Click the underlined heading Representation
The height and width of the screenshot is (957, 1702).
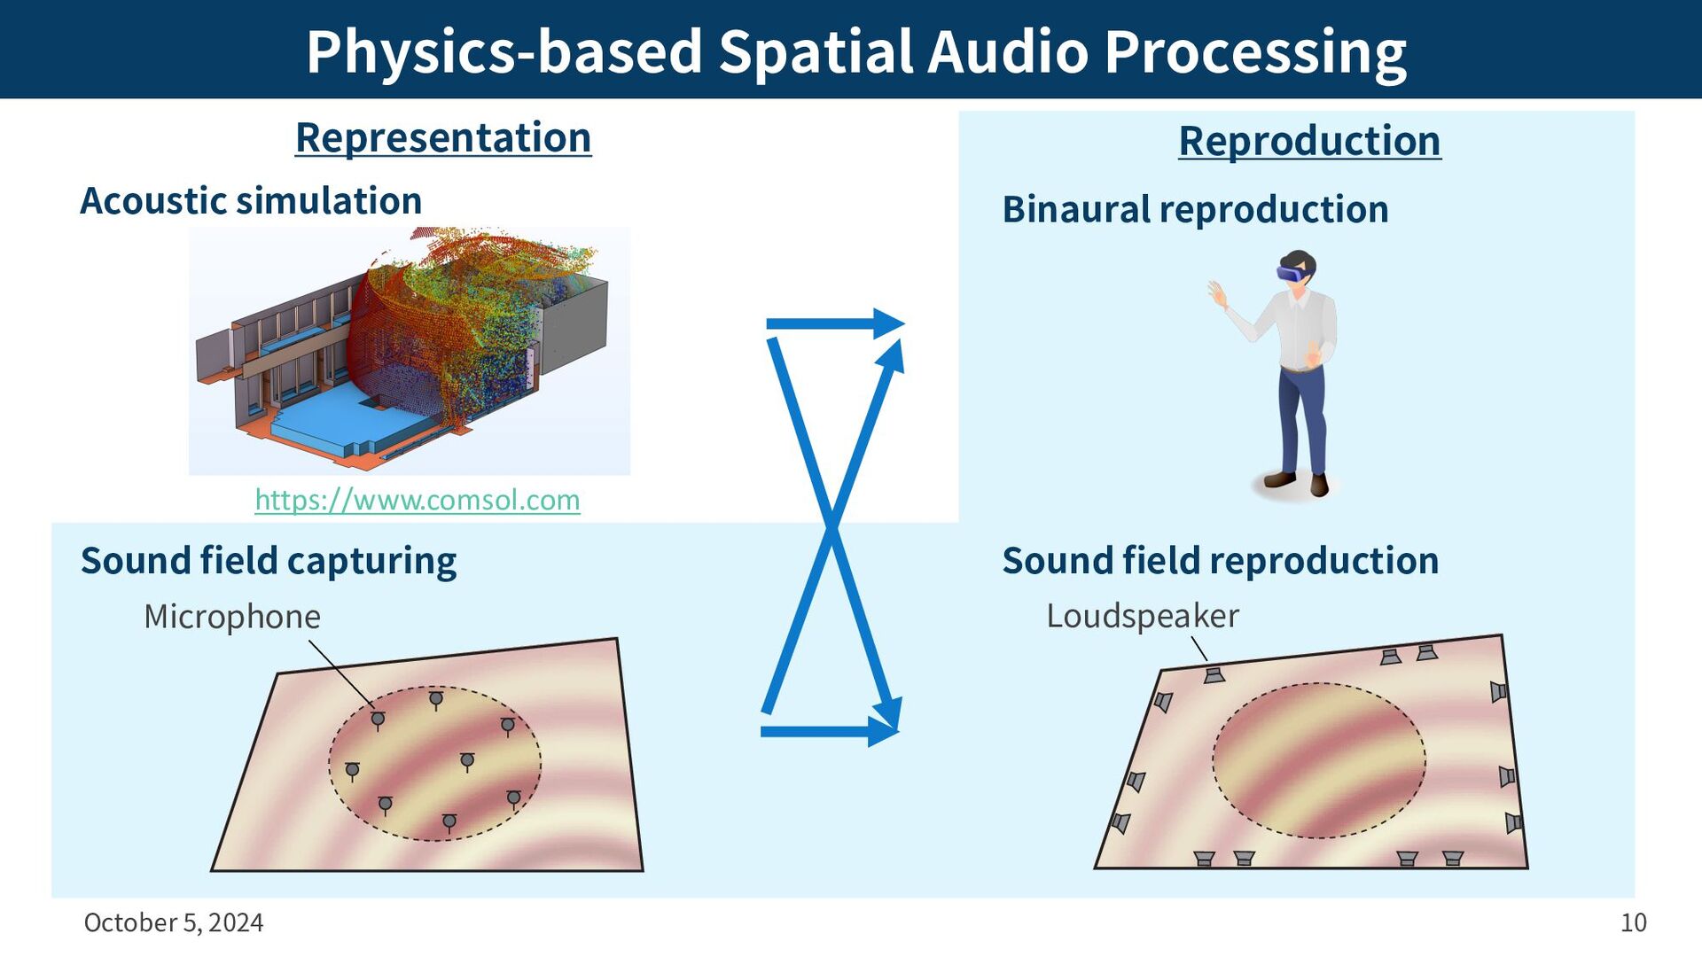(442, 138)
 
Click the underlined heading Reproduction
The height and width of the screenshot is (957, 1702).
(1309, 142)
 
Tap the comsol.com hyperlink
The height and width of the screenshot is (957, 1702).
(418, 500)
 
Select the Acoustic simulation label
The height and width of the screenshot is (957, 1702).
(251, 201)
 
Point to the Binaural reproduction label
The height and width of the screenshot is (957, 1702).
(1195, 210)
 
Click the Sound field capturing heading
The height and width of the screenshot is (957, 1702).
(269, 561)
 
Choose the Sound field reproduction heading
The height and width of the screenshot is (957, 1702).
(1220, 561)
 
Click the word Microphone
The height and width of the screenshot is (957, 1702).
(232, 617)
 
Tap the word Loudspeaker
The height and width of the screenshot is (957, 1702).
(1143, 616)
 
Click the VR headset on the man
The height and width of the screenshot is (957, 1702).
(1291, 273)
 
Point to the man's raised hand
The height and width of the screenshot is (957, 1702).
(1217, 292)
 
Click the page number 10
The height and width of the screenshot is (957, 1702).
(1633, 922)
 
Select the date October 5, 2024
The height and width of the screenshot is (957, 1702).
(174, 922)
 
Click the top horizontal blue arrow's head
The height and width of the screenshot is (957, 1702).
(888, 323)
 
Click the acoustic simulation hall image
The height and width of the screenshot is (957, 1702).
(410, 351)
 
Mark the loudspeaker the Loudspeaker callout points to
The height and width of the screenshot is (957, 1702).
(1214, 675)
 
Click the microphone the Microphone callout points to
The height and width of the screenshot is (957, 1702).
(379, 719)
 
